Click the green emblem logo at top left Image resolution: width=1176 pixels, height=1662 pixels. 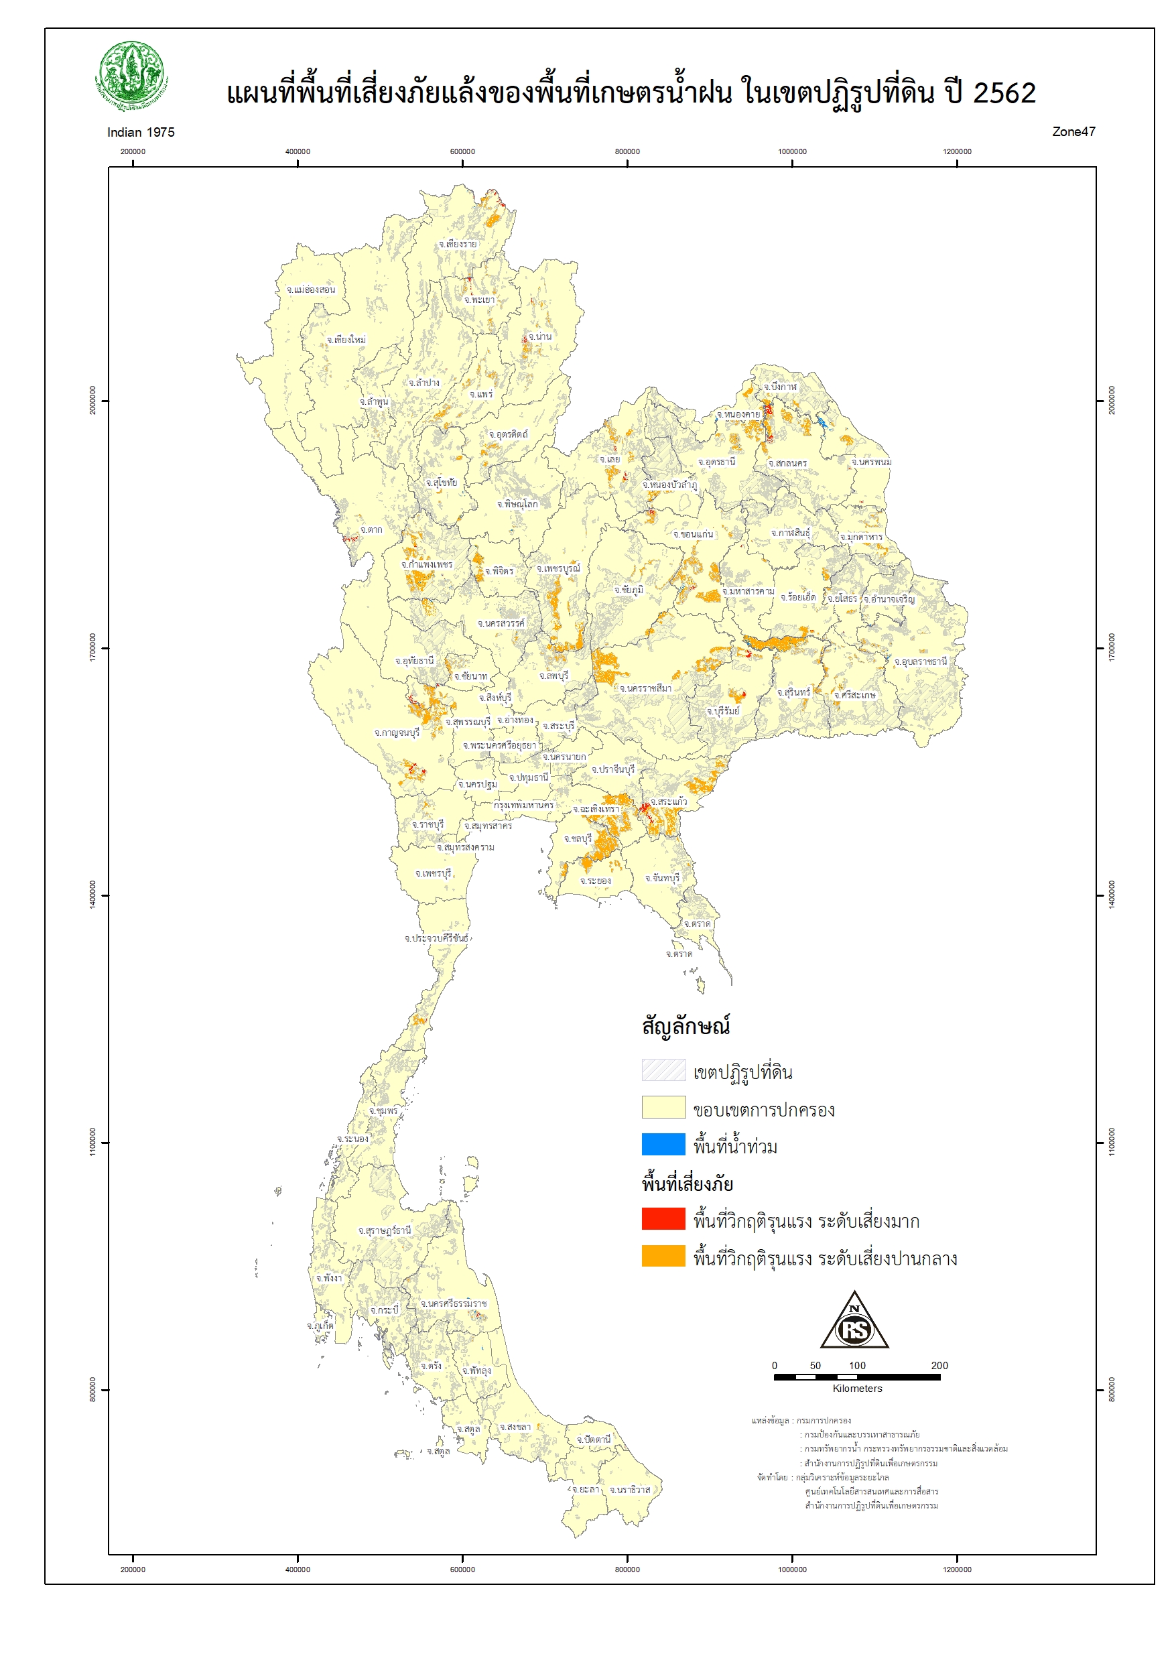tap(132, 75)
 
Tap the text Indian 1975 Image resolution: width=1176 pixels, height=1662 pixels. tap(141, 133)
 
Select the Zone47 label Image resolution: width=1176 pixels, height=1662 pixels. tap(1073, 132)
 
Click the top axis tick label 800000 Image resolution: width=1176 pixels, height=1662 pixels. tap(627, 151)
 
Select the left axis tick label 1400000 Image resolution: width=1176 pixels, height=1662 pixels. tap(92, 895)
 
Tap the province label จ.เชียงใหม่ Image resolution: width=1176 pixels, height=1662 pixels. tap(346, 340)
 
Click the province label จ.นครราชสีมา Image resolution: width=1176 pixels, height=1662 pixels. tap(645, 688)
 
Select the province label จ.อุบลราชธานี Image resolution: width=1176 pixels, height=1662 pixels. tap(919, 662)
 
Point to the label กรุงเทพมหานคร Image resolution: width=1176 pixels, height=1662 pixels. tap(523, 805)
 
